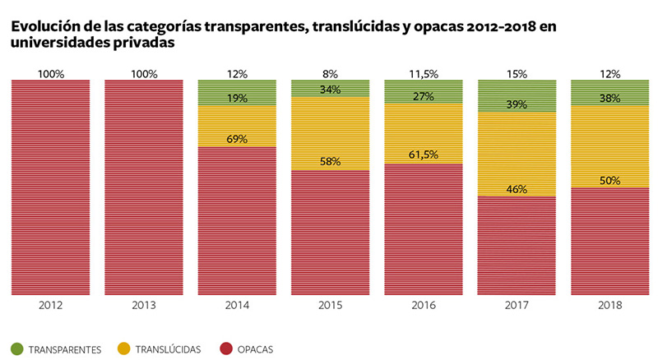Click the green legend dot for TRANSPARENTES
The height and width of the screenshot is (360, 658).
tap(16, 349)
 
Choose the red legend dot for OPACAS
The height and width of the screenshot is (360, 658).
tap(223, 349)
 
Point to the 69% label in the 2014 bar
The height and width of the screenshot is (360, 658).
tap(237, 139)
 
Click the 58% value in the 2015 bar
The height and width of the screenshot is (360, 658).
tap(330, 161)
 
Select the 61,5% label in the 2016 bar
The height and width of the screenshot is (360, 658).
tap(423, 155)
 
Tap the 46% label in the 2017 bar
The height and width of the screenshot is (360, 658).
tap(517, 189)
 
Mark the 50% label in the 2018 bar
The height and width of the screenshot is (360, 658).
tap(609, 181)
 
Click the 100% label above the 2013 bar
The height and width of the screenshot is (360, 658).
tap(144, 74)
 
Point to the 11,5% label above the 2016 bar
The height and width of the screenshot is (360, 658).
tap(423, 74)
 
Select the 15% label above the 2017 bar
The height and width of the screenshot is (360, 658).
tap(517, 74)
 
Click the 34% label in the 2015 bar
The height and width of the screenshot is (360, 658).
tap(330, 89)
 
